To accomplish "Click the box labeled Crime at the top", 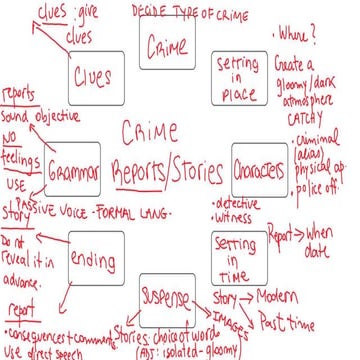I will coord(167,46).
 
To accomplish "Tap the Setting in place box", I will coord(237,74).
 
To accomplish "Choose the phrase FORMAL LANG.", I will coord(148,214).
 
